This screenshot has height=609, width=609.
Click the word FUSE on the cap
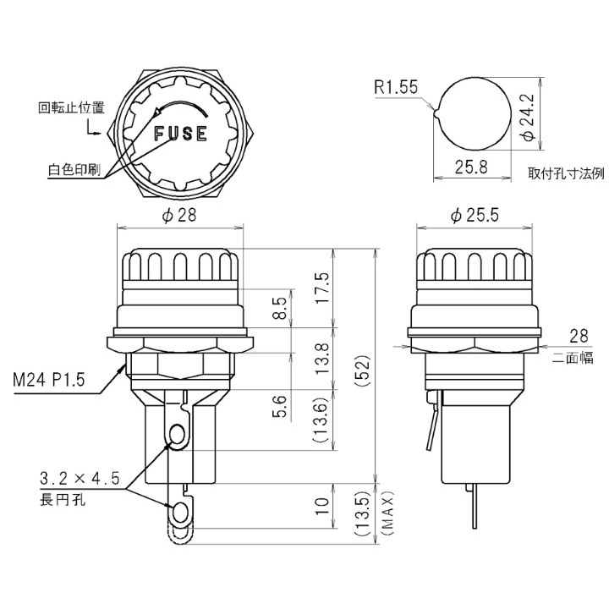coord(181,134)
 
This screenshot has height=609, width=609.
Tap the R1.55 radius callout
coord(396,87)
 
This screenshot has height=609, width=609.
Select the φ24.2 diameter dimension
coord(528,117)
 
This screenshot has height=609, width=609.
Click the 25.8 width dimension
coord(471,167)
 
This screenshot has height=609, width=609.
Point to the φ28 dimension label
coord(179,215)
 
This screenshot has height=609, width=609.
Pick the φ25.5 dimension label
coord(475,215)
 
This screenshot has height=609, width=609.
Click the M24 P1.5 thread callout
coord(49,380)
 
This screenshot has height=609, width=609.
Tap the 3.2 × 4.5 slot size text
coord(80,479)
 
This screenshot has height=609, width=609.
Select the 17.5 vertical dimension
coord(322,288)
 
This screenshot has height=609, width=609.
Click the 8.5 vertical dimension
coord(281,308)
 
